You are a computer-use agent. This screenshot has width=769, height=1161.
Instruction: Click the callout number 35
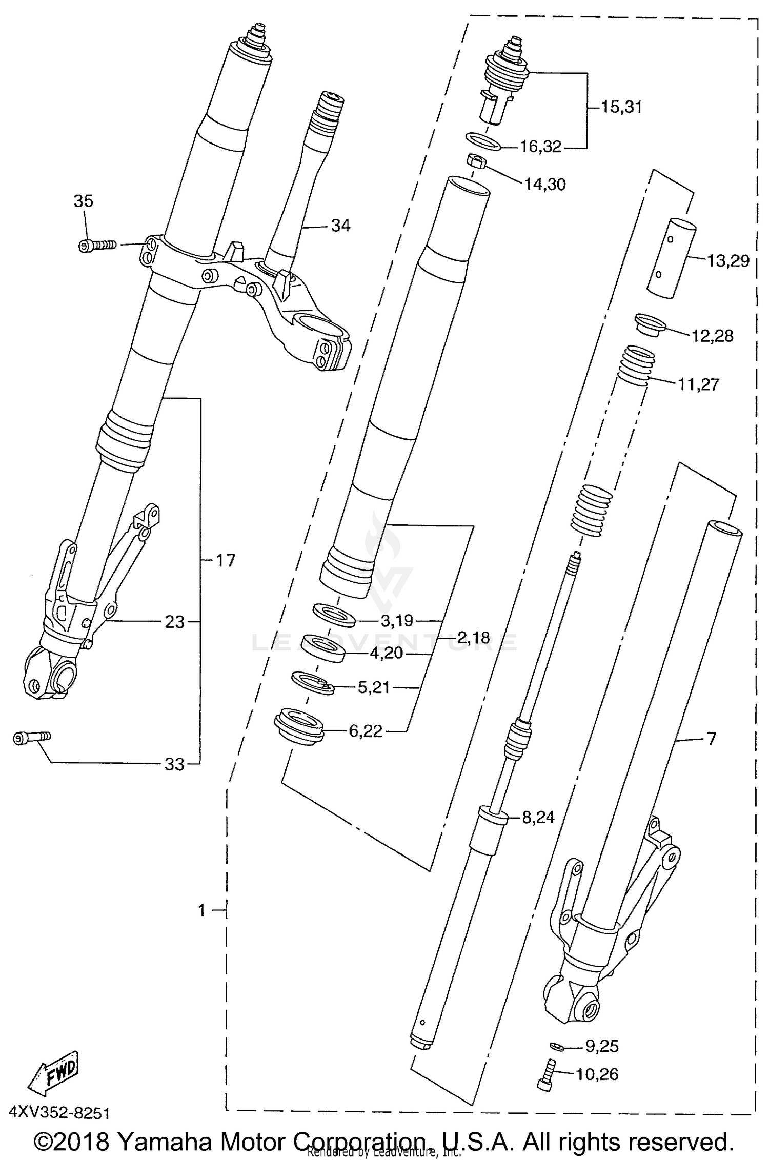tap(84, 200)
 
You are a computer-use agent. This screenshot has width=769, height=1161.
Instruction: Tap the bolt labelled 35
tap(97, 246)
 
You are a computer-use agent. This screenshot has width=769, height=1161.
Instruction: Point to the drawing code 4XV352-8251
tap(59, 1113)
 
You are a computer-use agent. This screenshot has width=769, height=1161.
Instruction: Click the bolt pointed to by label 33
tap(31, 738)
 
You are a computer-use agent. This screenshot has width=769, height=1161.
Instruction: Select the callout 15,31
tap(621, 107)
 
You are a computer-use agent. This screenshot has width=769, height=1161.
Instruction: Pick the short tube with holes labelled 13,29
tap(671, 257)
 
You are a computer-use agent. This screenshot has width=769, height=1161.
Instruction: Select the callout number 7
tap(711, 739)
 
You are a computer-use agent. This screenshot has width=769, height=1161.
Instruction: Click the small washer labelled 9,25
tap(556, 1046)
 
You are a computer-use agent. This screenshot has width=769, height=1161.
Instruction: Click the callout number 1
tap(201, 910)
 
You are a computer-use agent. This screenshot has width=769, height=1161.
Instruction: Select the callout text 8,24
tap(538, 817)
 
